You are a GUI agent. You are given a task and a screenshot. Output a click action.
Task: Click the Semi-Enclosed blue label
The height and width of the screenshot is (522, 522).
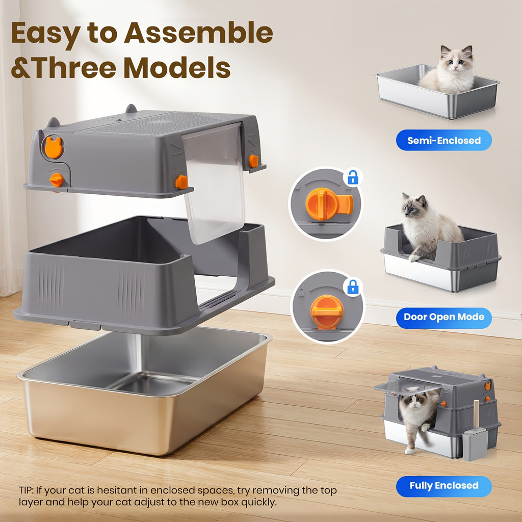[444, 140]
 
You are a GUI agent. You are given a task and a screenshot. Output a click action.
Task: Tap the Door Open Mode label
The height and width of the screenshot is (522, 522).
[444, 317]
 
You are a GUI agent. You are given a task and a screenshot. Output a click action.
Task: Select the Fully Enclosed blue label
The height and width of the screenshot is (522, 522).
[444, 486]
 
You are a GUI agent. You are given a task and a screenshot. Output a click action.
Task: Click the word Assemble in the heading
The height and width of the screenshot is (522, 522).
[198, 33]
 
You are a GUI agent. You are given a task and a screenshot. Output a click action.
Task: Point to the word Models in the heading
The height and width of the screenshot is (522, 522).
[177, 68]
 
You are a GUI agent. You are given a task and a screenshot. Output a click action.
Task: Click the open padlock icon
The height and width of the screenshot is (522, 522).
[353, 177]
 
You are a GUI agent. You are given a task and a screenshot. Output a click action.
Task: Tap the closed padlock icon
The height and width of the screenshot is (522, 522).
[353, 286]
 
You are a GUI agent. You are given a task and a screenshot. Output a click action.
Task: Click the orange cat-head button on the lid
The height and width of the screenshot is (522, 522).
[54, 147]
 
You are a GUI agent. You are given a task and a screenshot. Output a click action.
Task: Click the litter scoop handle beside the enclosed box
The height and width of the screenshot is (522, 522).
[477, 414]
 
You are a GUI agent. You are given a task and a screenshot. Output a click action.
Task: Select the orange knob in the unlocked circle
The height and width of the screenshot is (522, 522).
[328, 204]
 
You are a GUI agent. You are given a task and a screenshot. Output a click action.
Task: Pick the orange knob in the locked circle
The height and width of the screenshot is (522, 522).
[327, 311]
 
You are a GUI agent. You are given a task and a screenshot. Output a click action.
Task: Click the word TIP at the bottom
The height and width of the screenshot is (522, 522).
[26, 490]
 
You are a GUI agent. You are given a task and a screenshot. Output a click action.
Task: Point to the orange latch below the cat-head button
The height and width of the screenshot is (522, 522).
[56, 180]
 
